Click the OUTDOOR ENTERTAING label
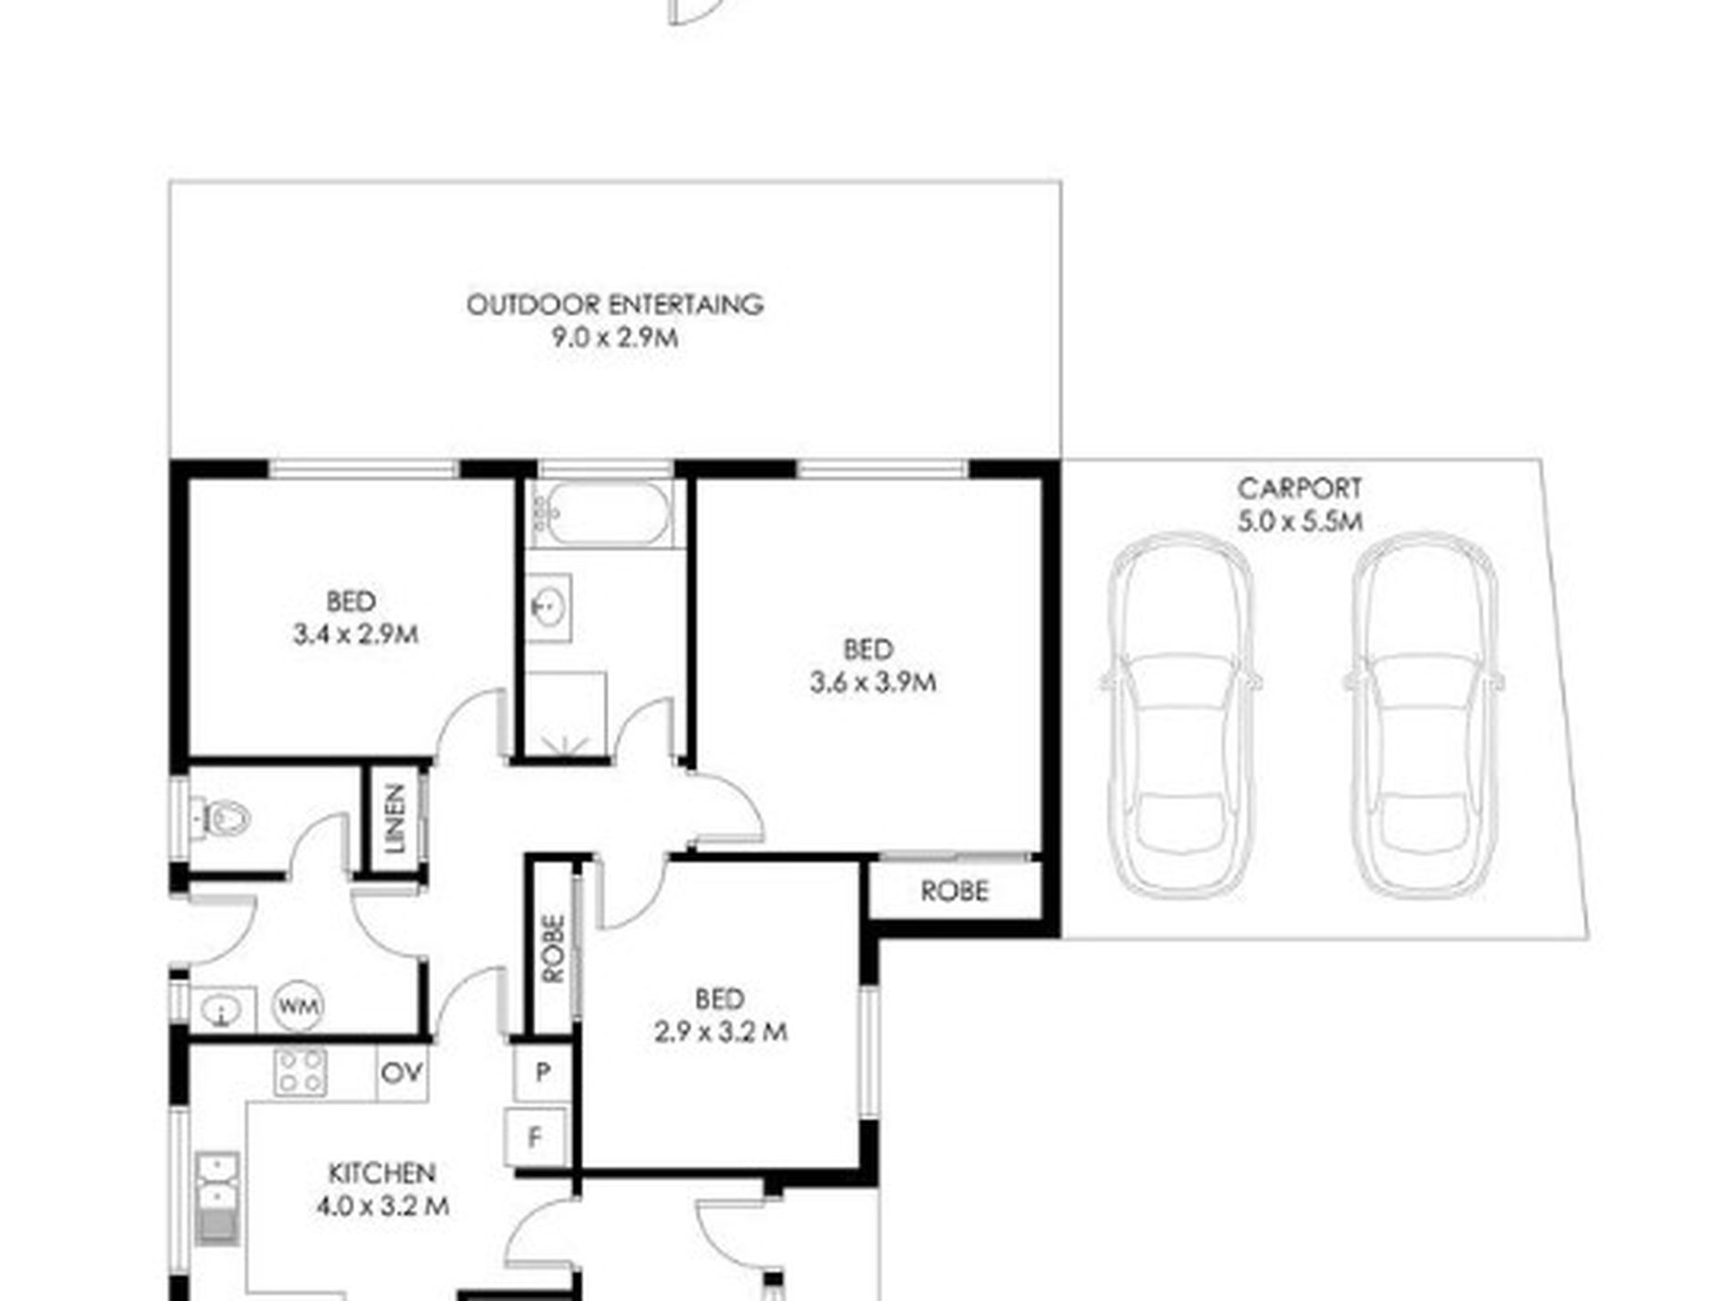615,304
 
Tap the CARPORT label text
1300,488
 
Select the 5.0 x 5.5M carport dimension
1300,521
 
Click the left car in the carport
1181,715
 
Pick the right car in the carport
1424,715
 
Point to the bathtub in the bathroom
602,514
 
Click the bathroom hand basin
549,605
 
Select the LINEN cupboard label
395,819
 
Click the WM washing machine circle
298,1006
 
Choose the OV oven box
402,1072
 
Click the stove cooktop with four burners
301,1072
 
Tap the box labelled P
542,1072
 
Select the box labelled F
536,1138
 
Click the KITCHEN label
381,1172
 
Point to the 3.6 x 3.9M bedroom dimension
872,682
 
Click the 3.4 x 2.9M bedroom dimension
356,634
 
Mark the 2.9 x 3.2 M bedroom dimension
720,1032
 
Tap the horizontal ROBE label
954,891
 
